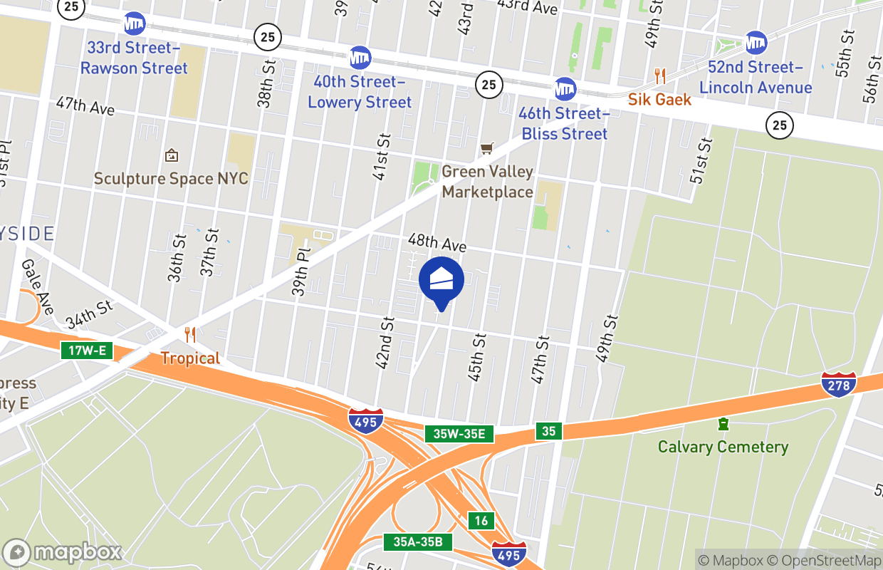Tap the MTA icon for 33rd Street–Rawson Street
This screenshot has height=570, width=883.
pos(134,24)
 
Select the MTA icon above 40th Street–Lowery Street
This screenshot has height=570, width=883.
pos(360,58)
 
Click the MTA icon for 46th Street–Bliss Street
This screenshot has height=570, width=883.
pos(565,89)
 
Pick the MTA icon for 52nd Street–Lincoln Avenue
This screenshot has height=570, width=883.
pos(756,43)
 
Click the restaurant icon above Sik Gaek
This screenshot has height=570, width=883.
pos(660,76)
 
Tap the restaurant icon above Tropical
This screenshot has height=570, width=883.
pos(189,334)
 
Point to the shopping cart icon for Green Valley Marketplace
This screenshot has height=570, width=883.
pos(487,148)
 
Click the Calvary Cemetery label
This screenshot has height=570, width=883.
pos(723,447)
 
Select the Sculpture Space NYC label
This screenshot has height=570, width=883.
pos(171,178)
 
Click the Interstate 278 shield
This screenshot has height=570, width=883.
pos(838,384)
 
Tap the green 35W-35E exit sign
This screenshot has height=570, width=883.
pos(459,434)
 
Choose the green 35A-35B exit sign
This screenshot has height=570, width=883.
pos(418,542)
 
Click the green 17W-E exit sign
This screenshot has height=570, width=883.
pos(87,350)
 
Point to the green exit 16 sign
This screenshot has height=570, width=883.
pos(481,521)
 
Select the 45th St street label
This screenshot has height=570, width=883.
pos(476,357)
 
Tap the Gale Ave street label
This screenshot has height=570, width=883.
pos(38,286)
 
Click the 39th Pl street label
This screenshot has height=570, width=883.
pos(303,271)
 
